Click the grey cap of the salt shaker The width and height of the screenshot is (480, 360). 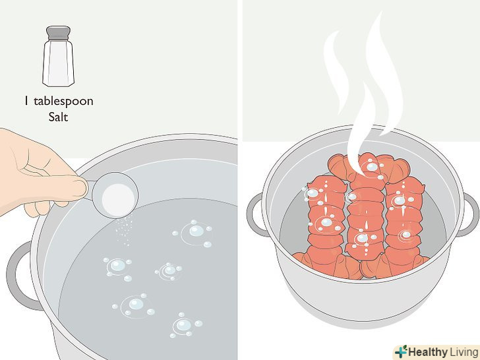(x=58, y=33)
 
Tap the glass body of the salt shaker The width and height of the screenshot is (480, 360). (x=58, y=63)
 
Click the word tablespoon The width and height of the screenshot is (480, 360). (x=63, y=102)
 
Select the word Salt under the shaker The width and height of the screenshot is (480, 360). (x=58, y=117)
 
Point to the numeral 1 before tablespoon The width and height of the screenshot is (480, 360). (x=26, y=101)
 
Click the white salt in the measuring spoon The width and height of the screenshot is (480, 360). (x=118, y=200)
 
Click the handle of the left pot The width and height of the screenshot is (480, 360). (x=19, y=276)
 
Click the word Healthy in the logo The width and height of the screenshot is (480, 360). (x=427, y=351)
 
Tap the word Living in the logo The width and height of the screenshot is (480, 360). (x=464, y=351)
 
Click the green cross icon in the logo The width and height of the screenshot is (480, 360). (x=402, y=351)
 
